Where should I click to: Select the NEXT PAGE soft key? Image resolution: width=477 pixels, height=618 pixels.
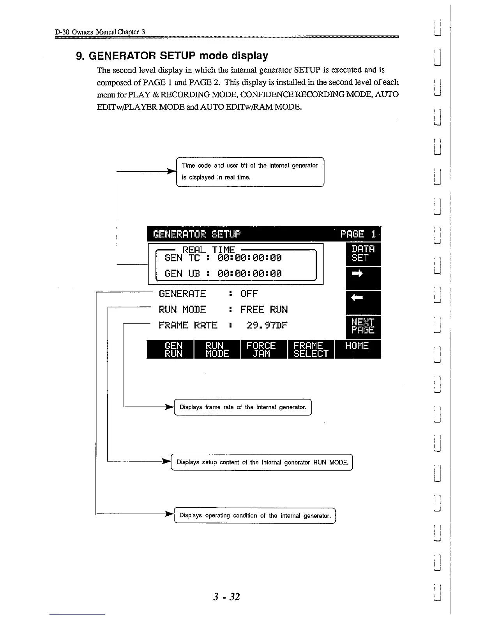pyautogui.click(x=363, y=326)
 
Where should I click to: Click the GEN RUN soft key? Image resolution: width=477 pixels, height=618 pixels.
pyautogui.click(x=170, y=349)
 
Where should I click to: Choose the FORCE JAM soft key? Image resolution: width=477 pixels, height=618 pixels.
pyautogui.click(x=264, y=349)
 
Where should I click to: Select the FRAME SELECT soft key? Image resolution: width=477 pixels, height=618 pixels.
pyautogui.click(x=311, y=349)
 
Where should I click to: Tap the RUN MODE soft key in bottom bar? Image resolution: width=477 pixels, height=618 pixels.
pyautogui.click(x=217, y=349)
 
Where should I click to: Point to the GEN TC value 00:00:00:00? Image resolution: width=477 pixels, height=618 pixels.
pyautogui.click(x=249, y=258)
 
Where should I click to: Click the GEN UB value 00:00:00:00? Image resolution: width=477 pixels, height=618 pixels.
pyautogui.click(x=249, y=273)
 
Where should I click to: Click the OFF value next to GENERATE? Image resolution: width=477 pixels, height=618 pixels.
pyautogui.click(x=249, y=293)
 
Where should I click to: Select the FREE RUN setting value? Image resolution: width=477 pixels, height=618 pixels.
pyautogui.click(x=264, y=309)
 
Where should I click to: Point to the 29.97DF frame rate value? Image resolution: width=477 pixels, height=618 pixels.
pyautogui.click(x=267, y=325)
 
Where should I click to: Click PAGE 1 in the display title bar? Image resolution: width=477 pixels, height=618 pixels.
pyautogui.click(x=358, y=234)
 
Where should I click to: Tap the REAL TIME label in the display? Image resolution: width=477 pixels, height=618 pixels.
pyautogui.click(x=208, y=249)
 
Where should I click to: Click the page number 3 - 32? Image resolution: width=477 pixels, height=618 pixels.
pyautogui.click(x=226, y=597)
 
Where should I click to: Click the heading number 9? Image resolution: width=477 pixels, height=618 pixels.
pyautogui.click(x=80, y=56)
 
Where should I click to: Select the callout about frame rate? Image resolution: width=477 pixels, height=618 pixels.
pyautogui.click(x=243, y=407)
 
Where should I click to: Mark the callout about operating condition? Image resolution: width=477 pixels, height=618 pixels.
pyautogui.click(x=255, y=515)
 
